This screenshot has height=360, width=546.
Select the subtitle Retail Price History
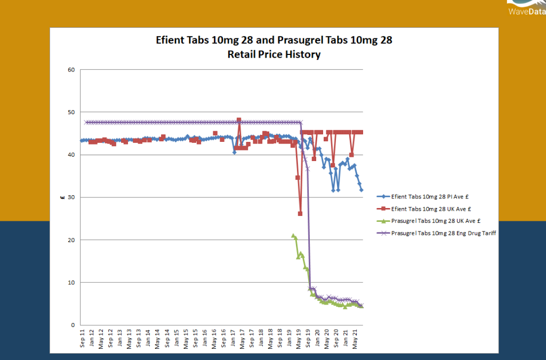coord(274,54)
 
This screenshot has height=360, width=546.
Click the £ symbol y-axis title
coord(62,198)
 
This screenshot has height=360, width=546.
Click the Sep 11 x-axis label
coord(82,339)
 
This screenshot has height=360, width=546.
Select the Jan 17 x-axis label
coord(232,339)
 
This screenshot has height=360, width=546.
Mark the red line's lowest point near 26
coord(300,213)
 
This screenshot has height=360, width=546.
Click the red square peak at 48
coord(239,120)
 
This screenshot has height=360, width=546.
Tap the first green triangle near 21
coord(293,235)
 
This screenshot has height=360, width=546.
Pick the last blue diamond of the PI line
coord(362,190)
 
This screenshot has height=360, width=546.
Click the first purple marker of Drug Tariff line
coord(86,122)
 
